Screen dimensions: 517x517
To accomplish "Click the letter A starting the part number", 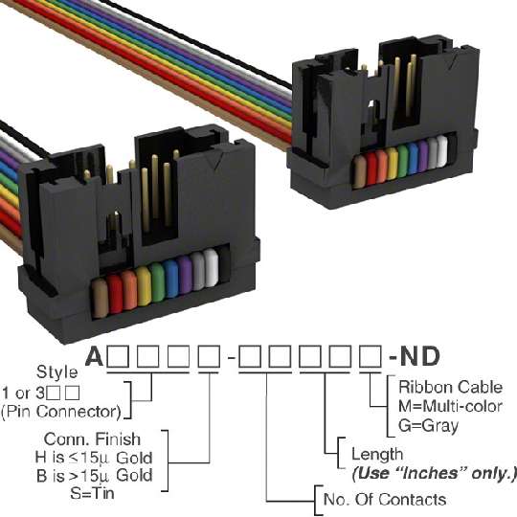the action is pyautogui.click(x=94, y=356).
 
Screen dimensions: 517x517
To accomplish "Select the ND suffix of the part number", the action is pyautogui.click(x=419, y=356).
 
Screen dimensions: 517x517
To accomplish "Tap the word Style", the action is pyautogui.click(x=57, y=371).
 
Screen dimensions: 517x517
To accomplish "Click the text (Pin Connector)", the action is pyautogui.click(x=61, y=412).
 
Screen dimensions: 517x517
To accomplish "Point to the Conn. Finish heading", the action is pyautogui.click(x=92, y=438).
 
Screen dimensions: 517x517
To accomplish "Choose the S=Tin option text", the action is pyautogui.click(x=92, y=493).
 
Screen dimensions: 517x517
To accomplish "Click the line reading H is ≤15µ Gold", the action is pyautogui.click(x=94, y=458).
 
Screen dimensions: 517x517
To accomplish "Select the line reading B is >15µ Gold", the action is pyautogui.click(x=95, y=475).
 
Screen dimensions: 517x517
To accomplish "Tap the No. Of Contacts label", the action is pyautogui.click(x=385, y=499).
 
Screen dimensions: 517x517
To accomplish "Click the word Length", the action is pyautogui.click(x=377, y=455).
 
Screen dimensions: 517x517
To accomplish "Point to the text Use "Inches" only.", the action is pyautogui.click(x=434, y=474).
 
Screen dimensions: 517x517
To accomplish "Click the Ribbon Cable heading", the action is pyautogui.click(x=450, y=387).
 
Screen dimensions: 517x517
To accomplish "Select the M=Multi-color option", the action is pyautogui.click(x=450, y=406).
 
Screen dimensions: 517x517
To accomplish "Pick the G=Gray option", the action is pyautogui.click(x=428, y=425).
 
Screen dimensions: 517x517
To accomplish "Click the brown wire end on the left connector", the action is pyautogui.click(x=100, y=298).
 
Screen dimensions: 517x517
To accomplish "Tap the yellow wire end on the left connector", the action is pyautogui.click(x=144, y=285).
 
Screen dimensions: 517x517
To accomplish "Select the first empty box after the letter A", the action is pyautogui.click(x=118, y=356).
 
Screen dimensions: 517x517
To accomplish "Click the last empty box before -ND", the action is pyautogui.click(x=371, y=356).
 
